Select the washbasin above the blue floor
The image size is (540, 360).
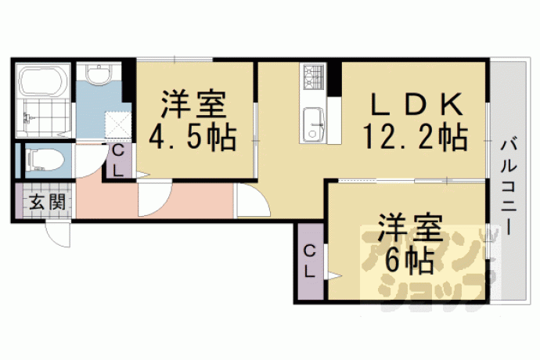tap(99, 74)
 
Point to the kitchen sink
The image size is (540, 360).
tap(313, 124)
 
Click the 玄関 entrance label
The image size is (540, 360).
tap(47, 202)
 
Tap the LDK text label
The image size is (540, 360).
tap(416, 104)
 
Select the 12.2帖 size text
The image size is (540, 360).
tap(416, 137)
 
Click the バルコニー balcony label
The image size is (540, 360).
tap(509, 187)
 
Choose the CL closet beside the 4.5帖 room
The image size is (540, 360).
tap(118, 161)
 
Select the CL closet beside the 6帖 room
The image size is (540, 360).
tap(310, 262)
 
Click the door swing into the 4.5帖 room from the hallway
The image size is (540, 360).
tap(155, 199)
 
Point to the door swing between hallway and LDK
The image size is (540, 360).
tap(253, 200)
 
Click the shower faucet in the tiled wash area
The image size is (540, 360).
tap(27, 118)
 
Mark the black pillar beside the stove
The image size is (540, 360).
tap(333, 78)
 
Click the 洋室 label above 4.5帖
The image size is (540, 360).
tap(193, 103)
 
